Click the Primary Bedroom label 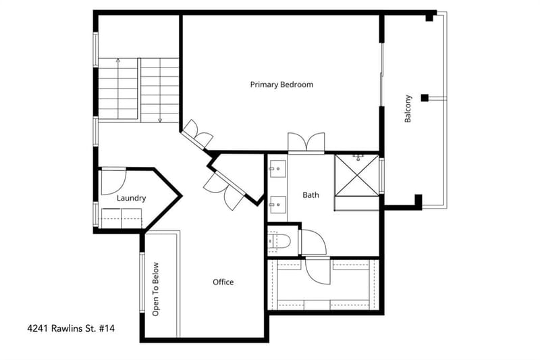(281, 84)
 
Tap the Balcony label (408, 109)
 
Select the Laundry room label (131, 198)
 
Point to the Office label (223, 282)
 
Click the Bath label (310, 195)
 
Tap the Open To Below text (156, 289)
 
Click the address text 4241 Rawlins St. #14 (71, 328)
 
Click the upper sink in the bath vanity (277, 169)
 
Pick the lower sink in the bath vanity (277, 205)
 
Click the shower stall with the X (357, 176)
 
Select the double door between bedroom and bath (306, 142)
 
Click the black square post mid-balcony (425, 98)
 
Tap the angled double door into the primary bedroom (198, 135)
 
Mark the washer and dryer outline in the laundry (122, 218)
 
